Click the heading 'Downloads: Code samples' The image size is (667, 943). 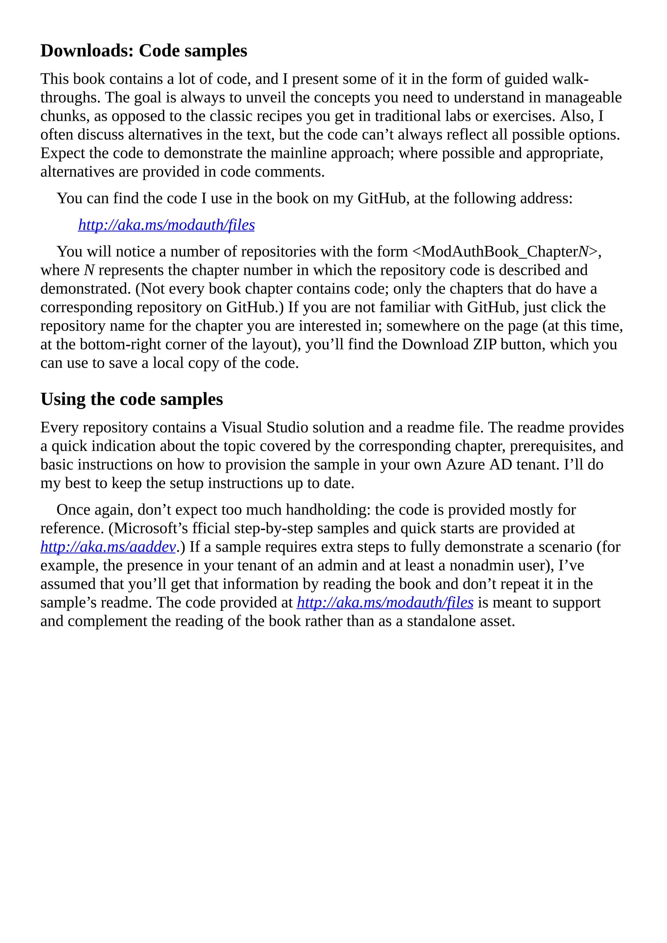(x=144, y=51)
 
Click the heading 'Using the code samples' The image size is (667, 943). (x=132, y=399)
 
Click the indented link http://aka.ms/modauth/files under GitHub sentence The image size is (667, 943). (x=166, y=225)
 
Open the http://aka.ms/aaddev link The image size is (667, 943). (x=108, y=547)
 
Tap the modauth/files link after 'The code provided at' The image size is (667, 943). (x=385, y=602)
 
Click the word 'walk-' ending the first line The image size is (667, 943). (x=571, y=79)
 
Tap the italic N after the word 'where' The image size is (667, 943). (x=89, y=270)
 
